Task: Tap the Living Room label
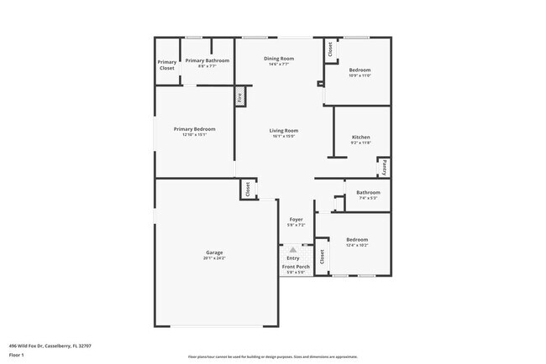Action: (x=284, y=130)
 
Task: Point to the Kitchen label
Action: (x=360, y=138)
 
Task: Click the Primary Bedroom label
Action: (x=195, y=129)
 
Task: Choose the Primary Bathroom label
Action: (x=207, y=60)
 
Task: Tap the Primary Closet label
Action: (x=167, y=65)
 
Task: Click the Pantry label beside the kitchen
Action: (x=384, y=167)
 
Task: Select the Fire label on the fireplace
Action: (x=239, y=97)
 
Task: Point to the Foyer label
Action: (x=296, y=219)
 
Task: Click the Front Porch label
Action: (x=296, y=267)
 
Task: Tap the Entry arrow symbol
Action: (x=292, y=250)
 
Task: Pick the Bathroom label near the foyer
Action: (x=368, y=193)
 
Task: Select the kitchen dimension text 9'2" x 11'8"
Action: (x=360, y=143)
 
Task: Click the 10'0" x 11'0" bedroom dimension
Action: (x=360, y=75)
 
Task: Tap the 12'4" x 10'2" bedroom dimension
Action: (x=356, y=246)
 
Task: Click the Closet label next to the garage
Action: (x=248, y=190)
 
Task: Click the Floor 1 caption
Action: (x=16, y=355)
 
